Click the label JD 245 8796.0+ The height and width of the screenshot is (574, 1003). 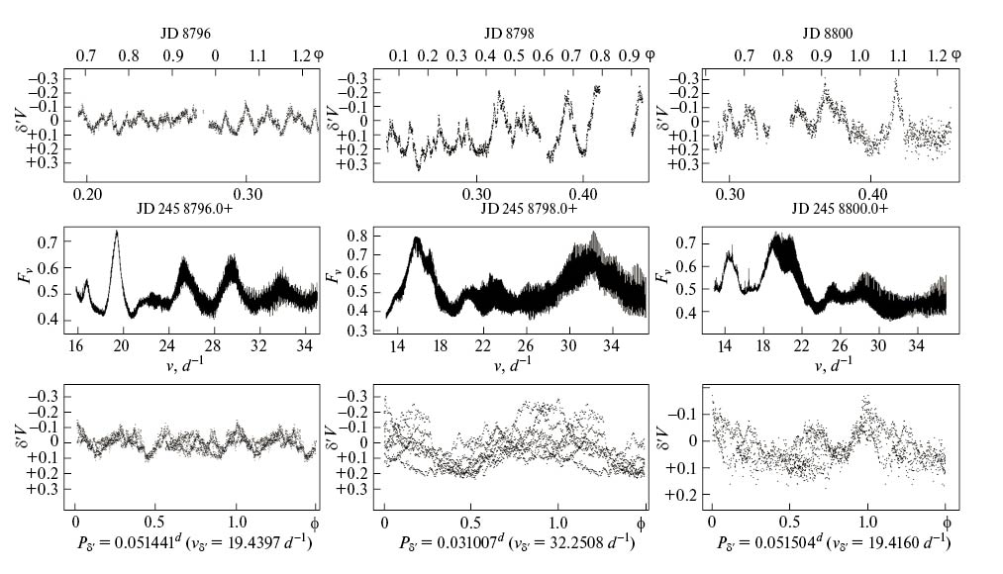click(x=189, y=210)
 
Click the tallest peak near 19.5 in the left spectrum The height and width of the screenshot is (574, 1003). click(x=117, y=232)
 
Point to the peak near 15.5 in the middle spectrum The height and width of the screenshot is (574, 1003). click(x=417, y=239)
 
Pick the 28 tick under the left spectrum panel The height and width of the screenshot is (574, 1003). click(x=213, y=345)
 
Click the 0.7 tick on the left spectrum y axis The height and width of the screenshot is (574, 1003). click(x=46, y=241)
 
